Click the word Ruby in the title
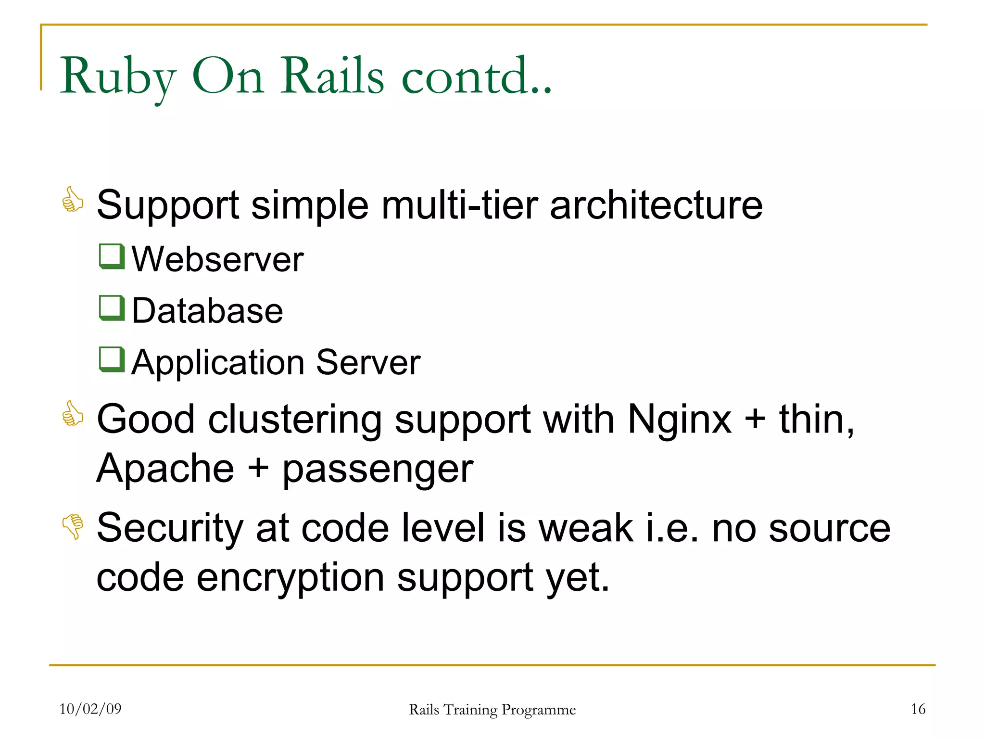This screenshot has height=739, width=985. coord(117,77)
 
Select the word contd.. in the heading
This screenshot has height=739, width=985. coord(476,76)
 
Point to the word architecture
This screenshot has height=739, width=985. coord(656,205)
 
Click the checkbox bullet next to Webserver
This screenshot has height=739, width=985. coord(112,256)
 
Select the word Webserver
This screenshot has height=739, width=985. coord(217,259)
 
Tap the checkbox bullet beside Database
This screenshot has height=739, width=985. coord(112,307)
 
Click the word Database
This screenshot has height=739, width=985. coord(207,311)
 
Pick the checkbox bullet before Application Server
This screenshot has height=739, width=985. coord(112,359)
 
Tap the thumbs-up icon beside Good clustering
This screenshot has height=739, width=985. coord(73,413)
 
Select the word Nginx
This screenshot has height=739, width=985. coord(680,420)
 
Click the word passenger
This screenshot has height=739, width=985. coord(378,470)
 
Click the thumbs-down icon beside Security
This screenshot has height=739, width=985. coord(73,526)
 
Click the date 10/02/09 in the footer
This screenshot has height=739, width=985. coord(90,709)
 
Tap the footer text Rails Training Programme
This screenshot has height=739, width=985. coord(492,710)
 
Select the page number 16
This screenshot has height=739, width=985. coord(918,709)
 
